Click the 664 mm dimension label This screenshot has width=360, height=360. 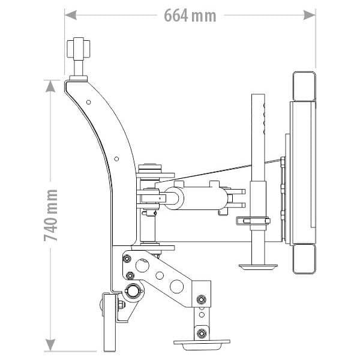[190, 15]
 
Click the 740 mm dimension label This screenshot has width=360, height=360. [52, 215]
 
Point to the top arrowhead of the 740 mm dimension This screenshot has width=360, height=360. [52, 86]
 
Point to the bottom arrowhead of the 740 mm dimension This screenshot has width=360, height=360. [52, 344]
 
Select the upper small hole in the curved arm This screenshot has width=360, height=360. [89, 103]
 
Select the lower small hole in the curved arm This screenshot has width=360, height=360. [116, 159]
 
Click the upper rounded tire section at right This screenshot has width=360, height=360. [304, 86]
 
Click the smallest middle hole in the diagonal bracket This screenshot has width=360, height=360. [160, 276]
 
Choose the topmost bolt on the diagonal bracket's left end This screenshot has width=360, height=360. [127, 259]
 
